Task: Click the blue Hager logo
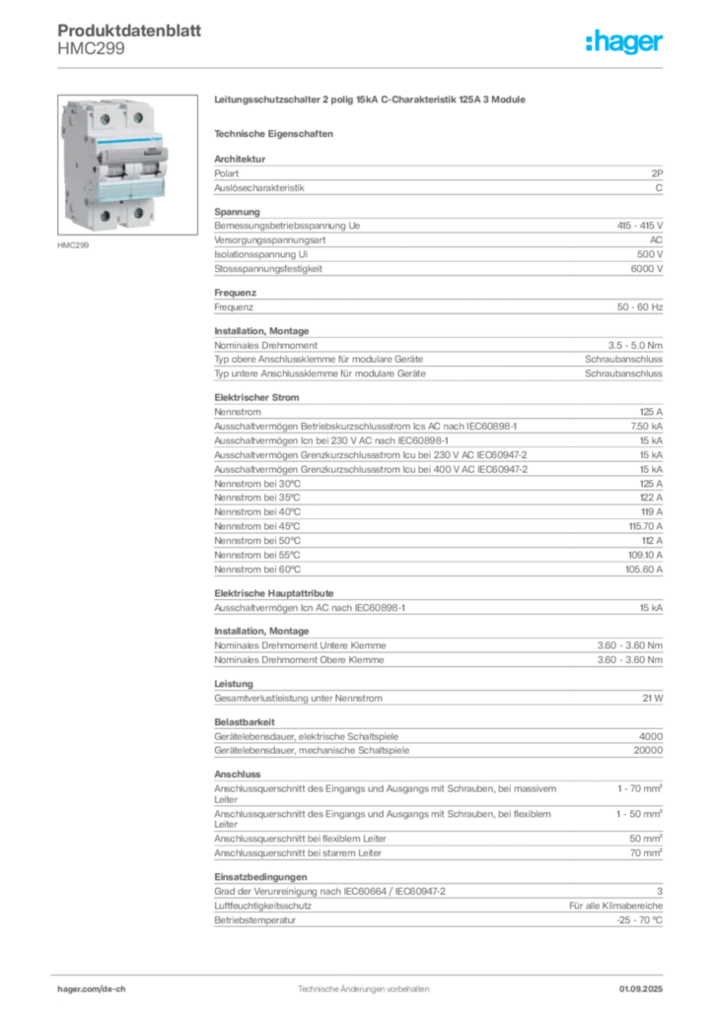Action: click(625, 42)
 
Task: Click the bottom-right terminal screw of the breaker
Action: click(139, 213)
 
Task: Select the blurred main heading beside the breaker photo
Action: click(371, 102)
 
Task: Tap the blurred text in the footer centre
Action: click(365, 985)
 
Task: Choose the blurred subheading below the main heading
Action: click(277, 133)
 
